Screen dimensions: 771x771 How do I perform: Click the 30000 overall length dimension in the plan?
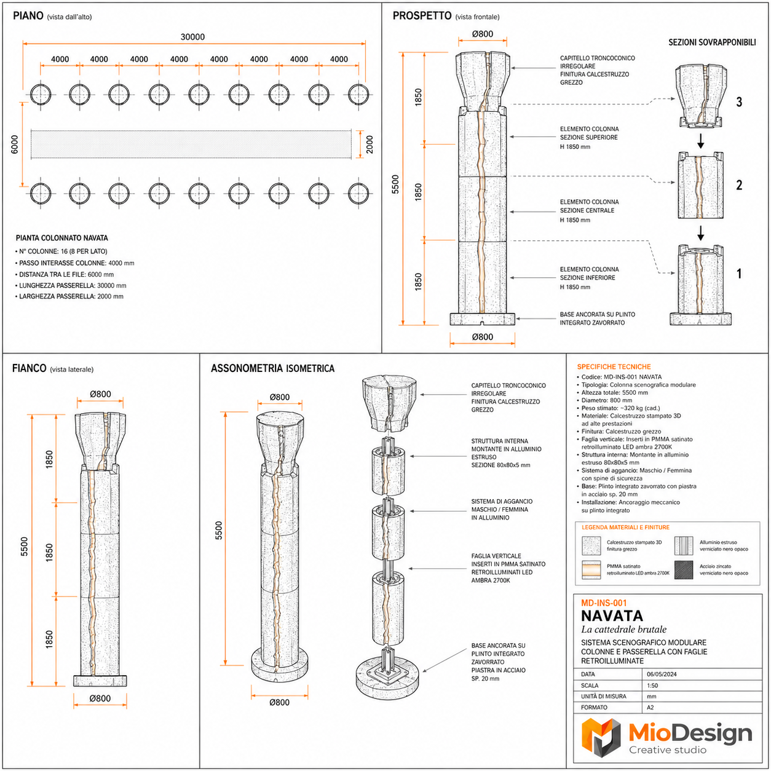pyautogui.click(x=192, y=37)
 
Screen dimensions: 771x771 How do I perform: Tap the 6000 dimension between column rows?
pyautogui.click(x=15, y=144)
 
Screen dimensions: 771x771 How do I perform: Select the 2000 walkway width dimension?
pyautogui.click(x=370, y=144)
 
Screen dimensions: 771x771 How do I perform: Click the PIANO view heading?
pyautogui.click(x=28, y=15)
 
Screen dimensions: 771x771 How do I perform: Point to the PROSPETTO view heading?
pyautogui.click(x=422, y=15)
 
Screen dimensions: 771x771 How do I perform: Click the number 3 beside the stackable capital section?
pyautogui.click(x=739, y=102)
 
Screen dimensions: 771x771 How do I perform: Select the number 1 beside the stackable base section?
pyautogui.click(x=739, y=274)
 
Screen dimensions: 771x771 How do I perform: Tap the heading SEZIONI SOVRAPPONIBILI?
pyautogui.click(x=712, y=42)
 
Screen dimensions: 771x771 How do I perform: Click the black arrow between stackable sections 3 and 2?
pyautogui.click(x=700, y=141)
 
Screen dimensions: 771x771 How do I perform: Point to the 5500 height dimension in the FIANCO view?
pyautogui.click(x=25, y=546)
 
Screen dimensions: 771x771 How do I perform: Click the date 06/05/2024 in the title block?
pyautogui.click(x=662, y=674)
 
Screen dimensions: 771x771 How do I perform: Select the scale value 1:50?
pyautogui.click(x=652, y=686)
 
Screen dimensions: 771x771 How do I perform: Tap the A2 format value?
pyautogui.click(x=650, y=708)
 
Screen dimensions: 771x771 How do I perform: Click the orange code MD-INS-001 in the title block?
pyautogui.click(x=604, y=603)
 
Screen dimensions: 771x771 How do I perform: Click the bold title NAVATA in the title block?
pyautogui.click(x=612, y=616)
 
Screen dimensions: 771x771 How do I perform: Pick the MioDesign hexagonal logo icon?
pyautogui.click(x=601, y=737)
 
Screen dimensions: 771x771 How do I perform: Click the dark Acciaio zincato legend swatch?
pyautogui.click(x=684, y=569)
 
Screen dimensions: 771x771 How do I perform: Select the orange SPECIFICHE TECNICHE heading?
pyautogui.click(x=614, y=366)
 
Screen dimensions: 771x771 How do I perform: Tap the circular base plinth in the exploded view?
pyautogui.click(x=387, y=678)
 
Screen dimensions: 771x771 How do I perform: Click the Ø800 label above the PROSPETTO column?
pyautogui.click(x=483, y=34)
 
